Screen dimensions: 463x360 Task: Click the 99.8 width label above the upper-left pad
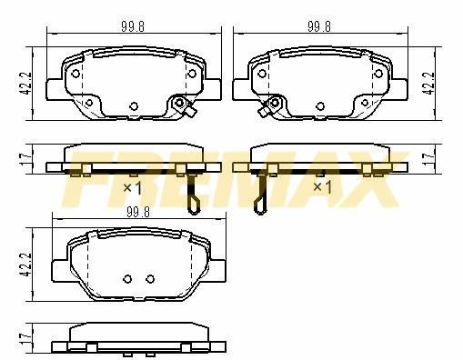pyautogui.click(x=133, y=26)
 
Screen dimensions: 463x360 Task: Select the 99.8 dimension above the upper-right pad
pyautogui.click(x=319, y=26)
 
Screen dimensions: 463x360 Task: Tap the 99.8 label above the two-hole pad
pyautogui.click(x=138, y=212)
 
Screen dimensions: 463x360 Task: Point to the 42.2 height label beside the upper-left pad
pyautogui.click(x=26, y=84)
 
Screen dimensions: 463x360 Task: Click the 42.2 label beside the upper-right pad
pyautogui.click(x=430, y=84)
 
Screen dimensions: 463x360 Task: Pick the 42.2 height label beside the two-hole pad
pyautogui.click(x=26, y=265)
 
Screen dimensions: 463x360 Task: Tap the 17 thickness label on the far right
pyautogui.click(x=428, y=159)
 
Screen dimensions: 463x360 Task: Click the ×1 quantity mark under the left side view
pyautogui.click(x=133, y=188)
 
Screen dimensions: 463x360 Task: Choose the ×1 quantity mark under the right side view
pyautogui.click(x=322, y=187)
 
